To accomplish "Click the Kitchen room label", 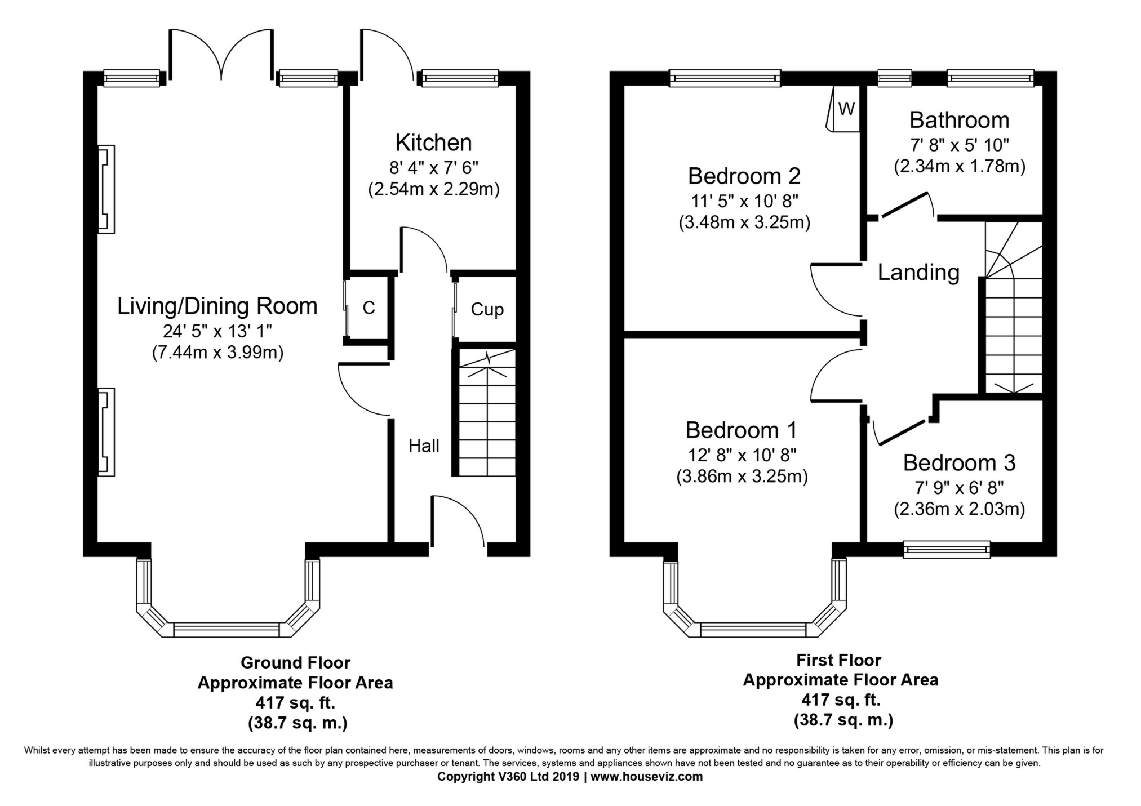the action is click(x=433, y=143).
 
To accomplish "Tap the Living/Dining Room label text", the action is click(x=217, y=306).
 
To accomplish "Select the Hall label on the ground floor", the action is click(x=424, y=446).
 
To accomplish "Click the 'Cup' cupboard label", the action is click(x=487, y=309).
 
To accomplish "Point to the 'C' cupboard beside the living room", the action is click(x=369, y=308).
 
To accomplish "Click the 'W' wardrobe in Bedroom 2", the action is click(x=846, y=109).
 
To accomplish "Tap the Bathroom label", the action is click(x=959, y=120).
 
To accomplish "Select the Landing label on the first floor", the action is click(x=918, y=273).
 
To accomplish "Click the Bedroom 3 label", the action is click(x=959, y=463).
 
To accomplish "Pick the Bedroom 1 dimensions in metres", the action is click(x=742, y=477).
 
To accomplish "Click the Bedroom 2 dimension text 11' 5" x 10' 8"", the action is click(x=744, y=201).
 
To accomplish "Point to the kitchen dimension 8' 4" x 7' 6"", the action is click(x=433, y=167).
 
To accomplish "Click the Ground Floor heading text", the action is click(x=295, y=662).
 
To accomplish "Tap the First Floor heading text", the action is click(x=838, y=660).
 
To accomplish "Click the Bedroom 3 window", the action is click(x=947, y=550).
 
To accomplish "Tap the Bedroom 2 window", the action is click(x=725, y=78).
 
